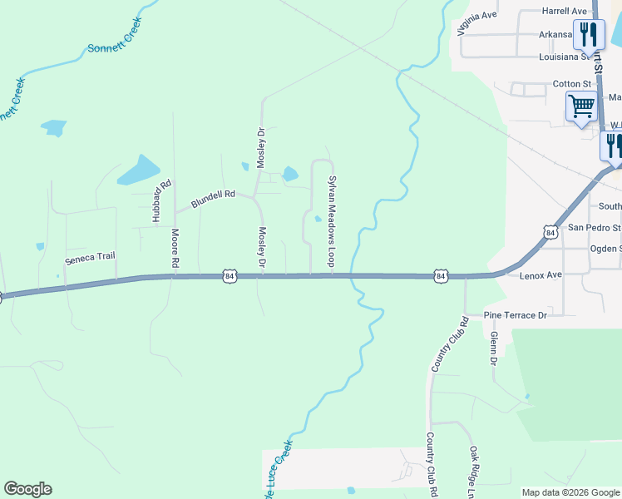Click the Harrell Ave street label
(x=564, y=11)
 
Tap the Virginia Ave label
(x=476, y=23)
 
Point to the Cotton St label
(x=571, y=84)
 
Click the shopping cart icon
(x=581, y=106)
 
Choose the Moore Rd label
(x=175, y=248)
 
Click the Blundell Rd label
(x=213, y=199)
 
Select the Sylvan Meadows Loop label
(x=332, y=220)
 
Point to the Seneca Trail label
(x=90, y=258)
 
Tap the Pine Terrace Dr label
(x=516, y=316)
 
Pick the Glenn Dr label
(x=493, y=348)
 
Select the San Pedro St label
(x=594, y=227)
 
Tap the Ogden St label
(x=605, y=249)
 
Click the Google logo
(x=27, y=489)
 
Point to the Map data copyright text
(x=570, y=492)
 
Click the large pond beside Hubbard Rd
(x=138, y=170)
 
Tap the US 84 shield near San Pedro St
(x=550, y=233)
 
